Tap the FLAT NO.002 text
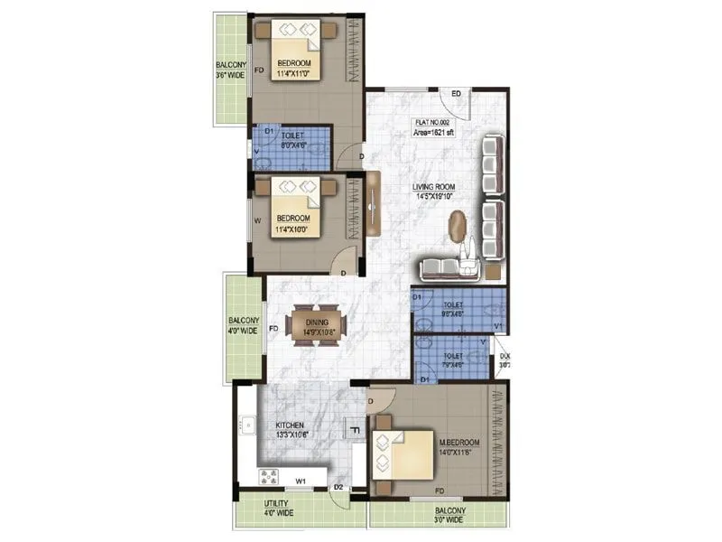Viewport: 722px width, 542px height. pyautogui.click(x=432, y=120)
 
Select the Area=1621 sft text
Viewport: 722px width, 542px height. pyautogui.click(x=434, y=132)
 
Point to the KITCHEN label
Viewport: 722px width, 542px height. pyautogui.click(x=291, y=425)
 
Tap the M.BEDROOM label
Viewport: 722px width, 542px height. pyautogui.click(x=459, y=443)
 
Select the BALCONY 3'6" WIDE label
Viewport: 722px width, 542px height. pyautogui.click(x=230, y=70)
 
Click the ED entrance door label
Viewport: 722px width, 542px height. pyautogui.click(x=457, y=94)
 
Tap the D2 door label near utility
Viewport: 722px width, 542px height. pyautogui.click(x=338, y=487)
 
